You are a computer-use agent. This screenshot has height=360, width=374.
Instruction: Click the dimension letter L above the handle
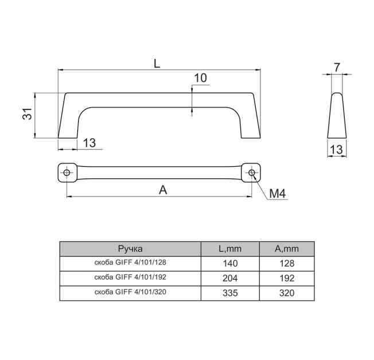coord(157,63)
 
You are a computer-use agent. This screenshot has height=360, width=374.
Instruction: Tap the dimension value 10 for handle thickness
coord(201,78)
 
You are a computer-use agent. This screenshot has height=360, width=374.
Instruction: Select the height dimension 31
coord(28,114)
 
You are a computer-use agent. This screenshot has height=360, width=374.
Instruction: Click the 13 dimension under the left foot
coord(89,143)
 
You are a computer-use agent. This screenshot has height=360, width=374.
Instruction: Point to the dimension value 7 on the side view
coord(337,68)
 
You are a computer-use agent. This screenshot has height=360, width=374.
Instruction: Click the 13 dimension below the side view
coord(336,150)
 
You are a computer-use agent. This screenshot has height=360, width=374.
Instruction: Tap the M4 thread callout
coord(278,194)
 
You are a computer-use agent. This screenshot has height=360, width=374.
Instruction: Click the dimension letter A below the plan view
coord(163,190)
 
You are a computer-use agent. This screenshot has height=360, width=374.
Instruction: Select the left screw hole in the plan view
coord(67,173)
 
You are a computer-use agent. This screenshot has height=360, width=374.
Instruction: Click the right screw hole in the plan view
coord(252,173)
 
